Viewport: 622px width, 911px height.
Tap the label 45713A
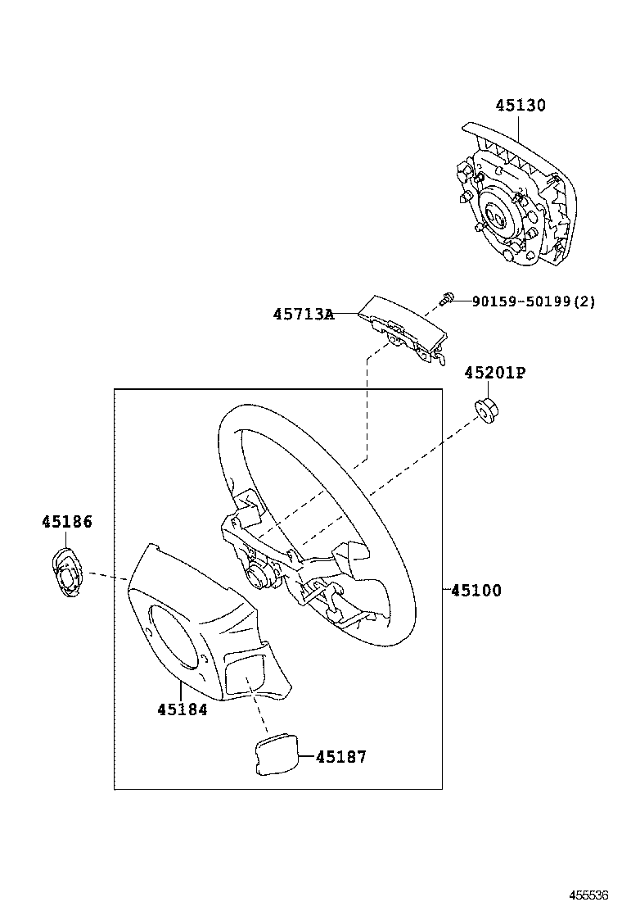(304, 314)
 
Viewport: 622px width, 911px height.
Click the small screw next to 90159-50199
(447, 300)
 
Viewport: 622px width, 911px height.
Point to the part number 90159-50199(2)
(533, 301)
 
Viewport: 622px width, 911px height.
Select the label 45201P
(494, 373)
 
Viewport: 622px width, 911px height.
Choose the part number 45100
(476, 590)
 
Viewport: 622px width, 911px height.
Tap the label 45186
(67, 522)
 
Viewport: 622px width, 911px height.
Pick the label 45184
(183, 709)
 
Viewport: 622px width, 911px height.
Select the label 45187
(341, 757)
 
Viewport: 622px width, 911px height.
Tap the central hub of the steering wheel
(262, 573)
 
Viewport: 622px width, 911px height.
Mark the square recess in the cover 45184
(246, 671)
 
